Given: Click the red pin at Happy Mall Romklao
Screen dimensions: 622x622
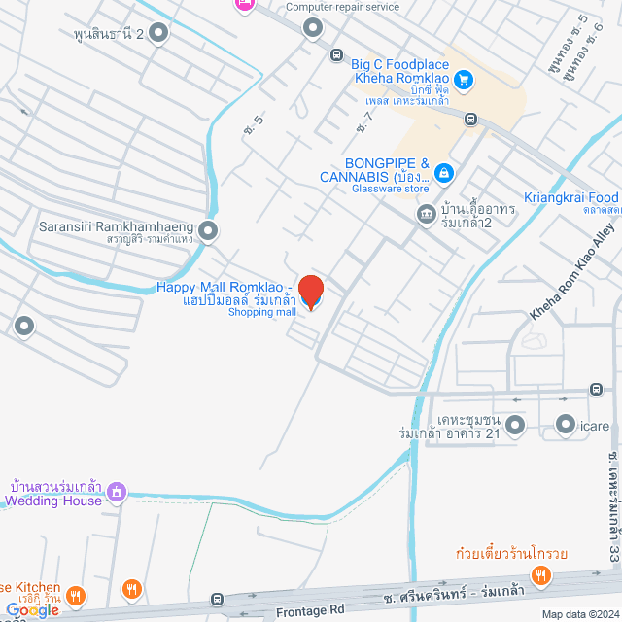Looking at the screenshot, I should (310, 291).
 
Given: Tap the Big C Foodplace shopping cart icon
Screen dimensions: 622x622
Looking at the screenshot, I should (464, 80).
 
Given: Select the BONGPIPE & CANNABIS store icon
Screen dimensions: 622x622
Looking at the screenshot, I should (443, 173).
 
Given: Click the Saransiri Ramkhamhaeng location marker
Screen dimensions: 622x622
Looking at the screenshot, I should (207, 231).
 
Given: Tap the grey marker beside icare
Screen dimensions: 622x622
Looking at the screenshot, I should (565, 424).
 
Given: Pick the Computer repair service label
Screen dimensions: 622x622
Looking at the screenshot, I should (342, 6).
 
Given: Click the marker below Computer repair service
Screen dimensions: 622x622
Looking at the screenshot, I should (312, 28).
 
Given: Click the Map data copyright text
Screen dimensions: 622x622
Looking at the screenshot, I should (580, 614).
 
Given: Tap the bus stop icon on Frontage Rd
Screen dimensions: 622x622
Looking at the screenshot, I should (219, 601).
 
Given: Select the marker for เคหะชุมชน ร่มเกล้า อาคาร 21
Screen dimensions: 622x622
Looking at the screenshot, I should (514, 425).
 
